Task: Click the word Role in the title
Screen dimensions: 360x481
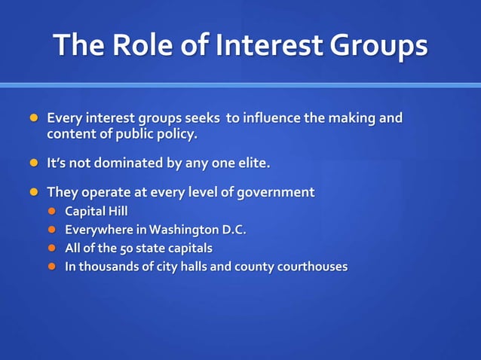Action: click(x=142, y=46)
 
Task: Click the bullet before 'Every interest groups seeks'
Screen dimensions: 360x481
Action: click(x=32, y=118)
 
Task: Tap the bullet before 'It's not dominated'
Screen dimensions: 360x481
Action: click(x=32, y=163)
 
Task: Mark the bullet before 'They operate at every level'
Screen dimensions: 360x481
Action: click(x=32, y=192)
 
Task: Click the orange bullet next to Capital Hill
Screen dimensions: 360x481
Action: click(x=53, y=211)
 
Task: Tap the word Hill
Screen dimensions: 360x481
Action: click(x=116, y=211)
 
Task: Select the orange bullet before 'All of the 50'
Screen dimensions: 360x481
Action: click(x=53, y=248)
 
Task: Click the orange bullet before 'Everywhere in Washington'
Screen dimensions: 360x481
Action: click(x=53, y=229)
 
